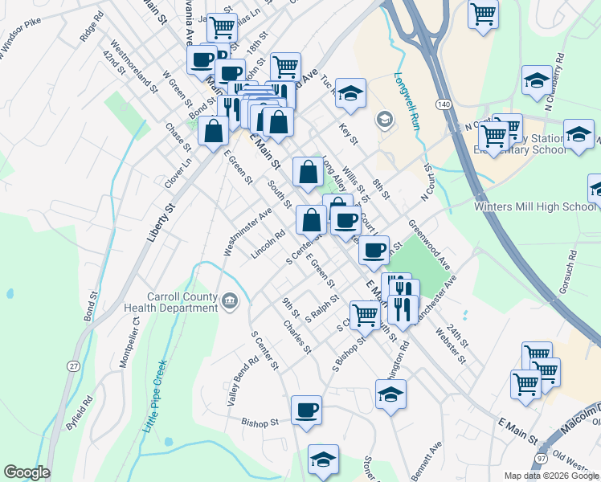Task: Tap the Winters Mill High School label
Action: (534, 206)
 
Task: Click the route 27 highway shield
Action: (74, 366)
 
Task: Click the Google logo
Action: (27, 472)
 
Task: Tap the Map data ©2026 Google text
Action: (551, 476)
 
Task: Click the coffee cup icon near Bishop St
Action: (306, 410)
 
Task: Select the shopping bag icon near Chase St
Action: (213, 131)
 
